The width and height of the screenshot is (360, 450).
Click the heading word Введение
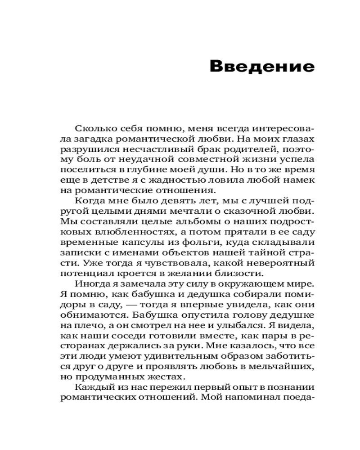(x=262, y=67)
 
